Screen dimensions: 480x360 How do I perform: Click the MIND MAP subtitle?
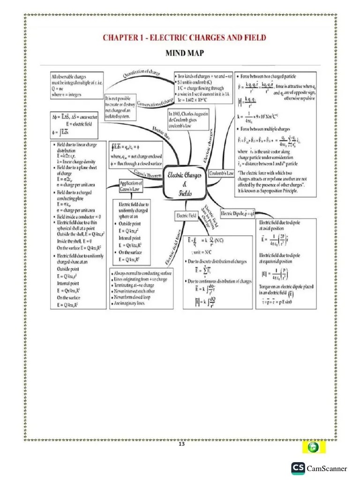pos(185,53)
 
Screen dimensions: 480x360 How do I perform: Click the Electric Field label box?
pos(186,216)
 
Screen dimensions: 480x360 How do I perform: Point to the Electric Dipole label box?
pos(237,214)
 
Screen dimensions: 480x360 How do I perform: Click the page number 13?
pos(182,444)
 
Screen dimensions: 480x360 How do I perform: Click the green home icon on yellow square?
pos(314,447)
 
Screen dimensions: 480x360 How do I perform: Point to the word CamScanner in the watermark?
pos(327,469)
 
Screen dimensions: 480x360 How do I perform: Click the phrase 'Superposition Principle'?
pos(281,191)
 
